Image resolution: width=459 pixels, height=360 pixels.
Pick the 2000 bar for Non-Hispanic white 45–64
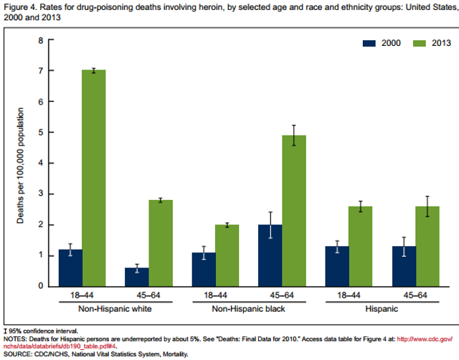pos(137,277)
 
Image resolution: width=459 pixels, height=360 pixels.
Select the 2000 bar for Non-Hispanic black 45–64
pos(270,255)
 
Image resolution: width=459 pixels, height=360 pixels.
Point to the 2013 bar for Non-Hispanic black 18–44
pos(227,255)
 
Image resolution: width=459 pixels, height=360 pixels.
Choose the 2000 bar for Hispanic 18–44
pos(336,266)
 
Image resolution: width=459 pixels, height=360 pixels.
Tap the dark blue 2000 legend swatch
pos(369,43)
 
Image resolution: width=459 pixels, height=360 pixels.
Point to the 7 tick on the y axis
pos(41,71)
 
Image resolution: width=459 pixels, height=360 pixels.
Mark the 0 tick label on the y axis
pos(41,286)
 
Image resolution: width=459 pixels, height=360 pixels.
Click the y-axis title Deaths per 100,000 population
pos(22,165)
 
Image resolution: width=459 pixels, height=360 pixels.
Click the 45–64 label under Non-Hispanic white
pos(149,295)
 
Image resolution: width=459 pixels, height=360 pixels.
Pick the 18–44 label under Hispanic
pos(349,295)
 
